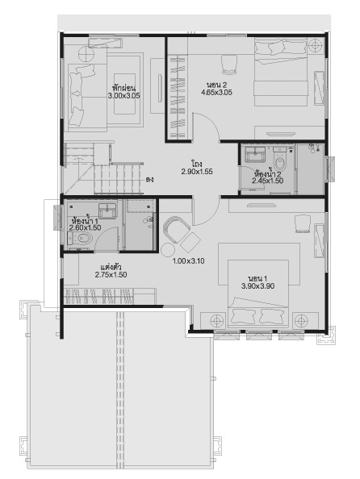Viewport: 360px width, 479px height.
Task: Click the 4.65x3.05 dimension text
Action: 216,92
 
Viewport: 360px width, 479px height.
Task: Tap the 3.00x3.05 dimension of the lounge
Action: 123,96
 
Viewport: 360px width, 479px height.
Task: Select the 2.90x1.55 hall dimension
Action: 197,172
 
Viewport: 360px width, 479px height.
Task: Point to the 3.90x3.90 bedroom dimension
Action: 257,286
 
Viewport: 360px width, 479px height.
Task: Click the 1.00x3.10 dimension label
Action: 189,261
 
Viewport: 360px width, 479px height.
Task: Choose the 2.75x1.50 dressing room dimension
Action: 111,275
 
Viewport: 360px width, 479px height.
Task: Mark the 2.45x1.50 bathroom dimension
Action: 267,181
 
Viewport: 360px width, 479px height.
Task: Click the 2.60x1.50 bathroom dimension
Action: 85,228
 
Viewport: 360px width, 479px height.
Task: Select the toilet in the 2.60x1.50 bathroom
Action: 80,238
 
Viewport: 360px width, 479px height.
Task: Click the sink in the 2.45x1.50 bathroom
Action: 255,155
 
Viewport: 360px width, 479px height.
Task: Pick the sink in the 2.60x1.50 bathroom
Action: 107,211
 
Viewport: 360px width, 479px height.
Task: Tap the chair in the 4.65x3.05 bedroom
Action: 228,65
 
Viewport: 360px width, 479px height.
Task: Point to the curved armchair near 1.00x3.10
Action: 176,229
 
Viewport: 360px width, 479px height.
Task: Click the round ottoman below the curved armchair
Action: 168,251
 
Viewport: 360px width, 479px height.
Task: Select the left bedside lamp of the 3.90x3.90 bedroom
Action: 217,321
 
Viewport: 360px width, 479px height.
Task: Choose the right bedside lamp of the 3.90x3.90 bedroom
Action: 301,321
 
